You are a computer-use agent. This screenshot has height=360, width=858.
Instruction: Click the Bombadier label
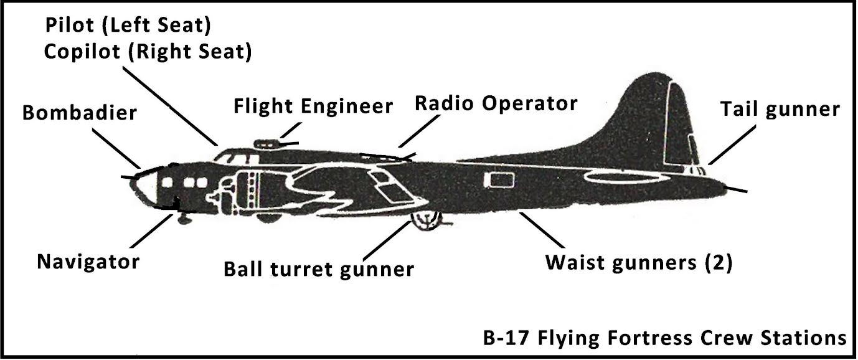tap(79, 113)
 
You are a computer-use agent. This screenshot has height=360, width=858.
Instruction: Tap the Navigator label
tap(88, 261)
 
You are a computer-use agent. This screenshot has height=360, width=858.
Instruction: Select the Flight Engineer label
tap(313, 107)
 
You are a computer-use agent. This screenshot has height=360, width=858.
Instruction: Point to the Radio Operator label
tap(496, 103)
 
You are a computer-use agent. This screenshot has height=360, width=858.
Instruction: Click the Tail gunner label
tap(780, 110)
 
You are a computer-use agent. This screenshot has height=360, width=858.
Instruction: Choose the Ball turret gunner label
tap(319, 269)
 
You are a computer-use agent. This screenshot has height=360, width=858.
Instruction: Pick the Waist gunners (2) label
tap(639, 262)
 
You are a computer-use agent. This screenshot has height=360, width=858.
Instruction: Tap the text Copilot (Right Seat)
tap(148, 52)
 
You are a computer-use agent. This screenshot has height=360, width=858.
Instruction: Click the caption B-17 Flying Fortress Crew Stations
tap(664, 338)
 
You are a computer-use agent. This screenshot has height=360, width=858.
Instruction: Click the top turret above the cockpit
tap(270, 143)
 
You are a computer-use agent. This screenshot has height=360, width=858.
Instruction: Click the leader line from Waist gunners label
tap(540, 228)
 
